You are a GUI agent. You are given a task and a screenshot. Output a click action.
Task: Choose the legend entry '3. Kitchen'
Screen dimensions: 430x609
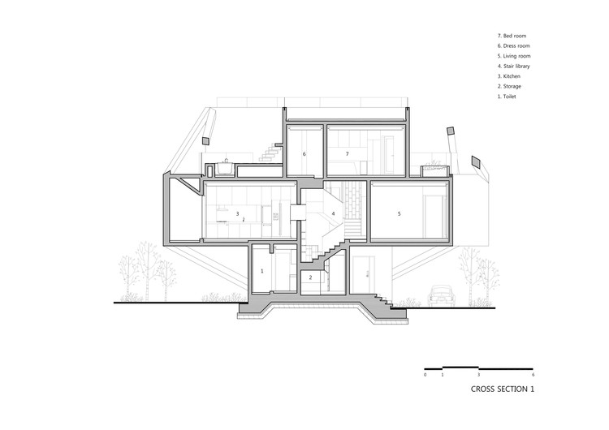(510, 76)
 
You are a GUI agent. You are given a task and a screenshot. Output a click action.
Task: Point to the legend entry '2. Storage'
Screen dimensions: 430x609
(511, 86)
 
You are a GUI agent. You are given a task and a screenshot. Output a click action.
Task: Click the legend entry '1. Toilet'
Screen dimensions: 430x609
(509, 96)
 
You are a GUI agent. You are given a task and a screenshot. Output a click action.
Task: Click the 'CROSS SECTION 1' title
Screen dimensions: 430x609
(503, 389)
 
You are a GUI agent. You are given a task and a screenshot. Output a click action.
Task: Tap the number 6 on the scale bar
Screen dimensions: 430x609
(533, 375)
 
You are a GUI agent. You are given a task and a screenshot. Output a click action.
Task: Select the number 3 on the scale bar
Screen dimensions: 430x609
(479, 375)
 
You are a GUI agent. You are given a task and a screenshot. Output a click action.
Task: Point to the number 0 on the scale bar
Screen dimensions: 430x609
(425, 375)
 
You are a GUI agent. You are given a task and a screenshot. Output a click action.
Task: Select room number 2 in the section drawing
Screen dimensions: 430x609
(309, 277)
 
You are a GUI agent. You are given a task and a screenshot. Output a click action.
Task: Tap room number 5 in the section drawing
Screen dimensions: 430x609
(399, 214)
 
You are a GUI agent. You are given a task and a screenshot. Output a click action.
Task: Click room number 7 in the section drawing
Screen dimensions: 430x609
(347, 153)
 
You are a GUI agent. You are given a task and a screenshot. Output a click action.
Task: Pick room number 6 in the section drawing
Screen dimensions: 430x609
(304, 153)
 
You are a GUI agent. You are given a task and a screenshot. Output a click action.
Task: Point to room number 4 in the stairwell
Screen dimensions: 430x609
(333, 214)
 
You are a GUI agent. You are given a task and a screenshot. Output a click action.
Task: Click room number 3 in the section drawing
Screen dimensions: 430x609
(238, 214)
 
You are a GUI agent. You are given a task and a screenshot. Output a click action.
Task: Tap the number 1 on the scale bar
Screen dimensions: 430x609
(443, 375)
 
